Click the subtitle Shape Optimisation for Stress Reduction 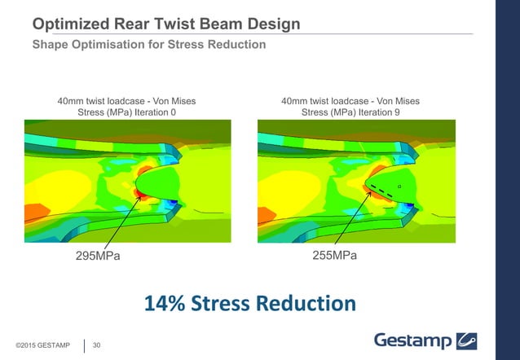148,44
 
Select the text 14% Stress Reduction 250,304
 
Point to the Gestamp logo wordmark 412,339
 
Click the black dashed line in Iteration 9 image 381,193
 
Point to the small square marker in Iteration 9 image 399,186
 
